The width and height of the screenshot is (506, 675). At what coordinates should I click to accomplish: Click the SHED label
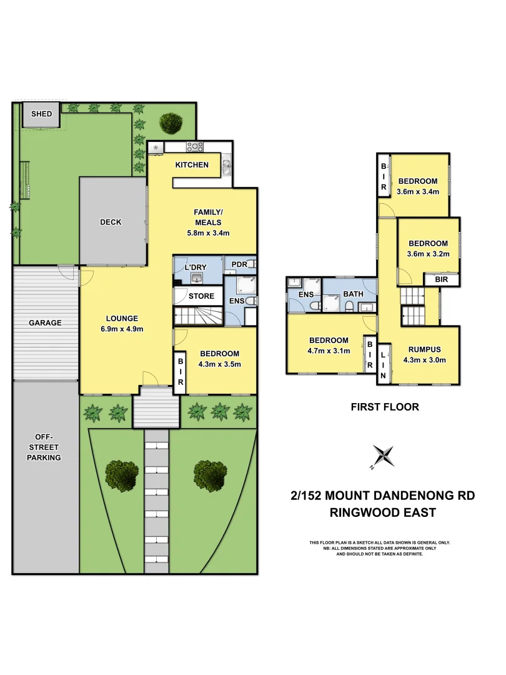tap(42, 114)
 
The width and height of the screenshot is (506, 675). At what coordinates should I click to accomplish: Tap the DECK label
tap(111, 222)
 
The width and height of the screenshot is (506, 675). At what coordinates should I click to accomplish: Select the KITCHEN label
tap(192, 165)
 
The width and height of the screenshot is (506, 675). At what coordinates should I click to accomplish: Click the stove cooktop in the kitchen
tap(195, 147)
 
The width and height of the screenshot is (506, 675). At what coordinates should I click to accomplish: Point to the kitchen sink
tap(226, 166)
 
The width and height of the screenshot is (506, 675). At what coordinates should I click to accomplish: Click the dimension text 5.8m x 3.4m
tap(209, 233)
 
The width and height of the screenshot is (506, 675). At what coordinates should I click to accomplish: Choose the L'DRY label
tap(196, 267)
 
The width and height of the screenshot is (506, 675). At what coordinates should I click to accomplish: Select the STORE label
tap(201, 296)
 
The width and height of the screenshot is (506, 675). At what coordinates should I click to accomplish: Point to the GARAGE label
tap(45, 323)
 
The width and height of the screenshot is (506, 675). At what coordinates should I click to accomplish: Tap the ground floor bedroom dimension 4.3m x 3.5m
tap(219, 364)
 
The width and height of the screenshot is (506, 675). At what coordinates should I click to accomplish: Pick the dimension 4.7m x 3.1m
tap(329, 351)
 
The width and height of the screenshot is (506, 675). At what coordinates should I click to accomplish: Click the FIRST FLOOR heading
tap(384, 407)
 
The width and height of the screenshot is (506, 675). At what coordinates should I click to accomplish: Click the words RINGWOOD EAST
tap(383, 513)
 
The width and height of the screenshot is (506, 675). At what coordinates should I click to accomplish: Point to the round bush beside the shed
tap(170, 122)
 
